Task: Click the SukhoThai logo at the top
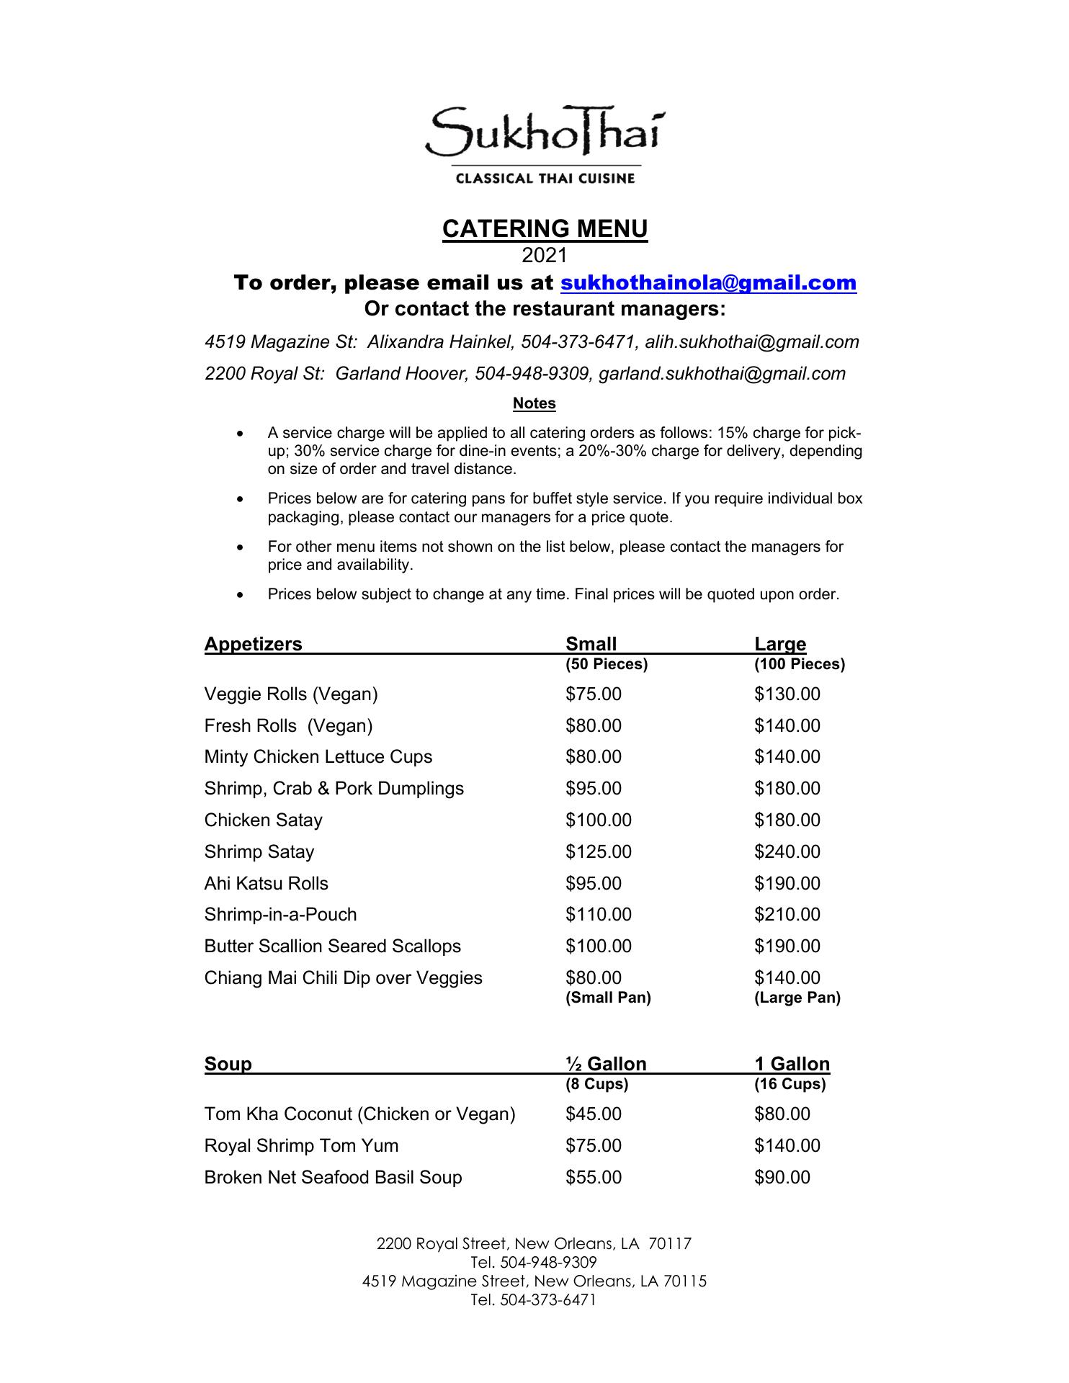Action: pyautogui.click(x=545, y=144)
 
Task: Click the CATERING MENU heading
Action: pyautogui.click(x=545, y=229)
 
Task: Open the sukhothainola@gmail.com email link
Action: pyautogui.click(x=708, y=282)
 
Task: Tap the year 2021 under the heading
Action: pyautogui.click(x=545, y=255)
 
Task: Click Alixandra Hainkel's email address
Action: pyautogui.click(x=751, y=342)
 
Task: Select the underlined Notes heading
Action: pyautogui.click(x=534, y=403)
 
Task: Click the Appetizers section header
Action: pyautogui.click(x=253, y=644)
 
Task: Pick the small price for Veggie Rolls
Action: pyautogui.click(x=593, y=694)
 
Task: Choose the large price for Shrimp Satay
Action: pyautogui.click(x=787, y=852)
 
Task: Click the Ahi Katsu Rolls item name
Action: pyautogui.click(x=266, y=884)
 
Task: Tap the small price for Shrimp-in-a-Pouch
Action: pyautogui.click(x=598, y=915)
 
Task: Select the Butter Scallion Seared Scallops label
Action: pyautogui.click(x=332, y=946)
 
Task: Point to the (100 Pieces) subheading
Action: pyautogui.click(x=799, y=664)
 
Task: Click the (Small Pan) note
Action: pyautogui.click(x=608, y=998)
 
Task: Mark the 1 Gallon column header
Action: pyautogui.click(x=792, y=1064)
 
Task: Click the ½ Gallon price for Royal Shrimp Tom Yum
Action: pyautogui.click(x=593, y=1146)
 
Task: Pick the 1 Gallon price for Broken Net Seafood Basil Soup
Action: pyautogui.click(x=782, y=1178)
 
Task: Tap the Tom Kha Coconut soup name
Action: pyautogui.click(x=359, y=1114)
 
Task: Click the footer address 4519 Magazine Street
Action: pyautogui.click(x=534, y=1281)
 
